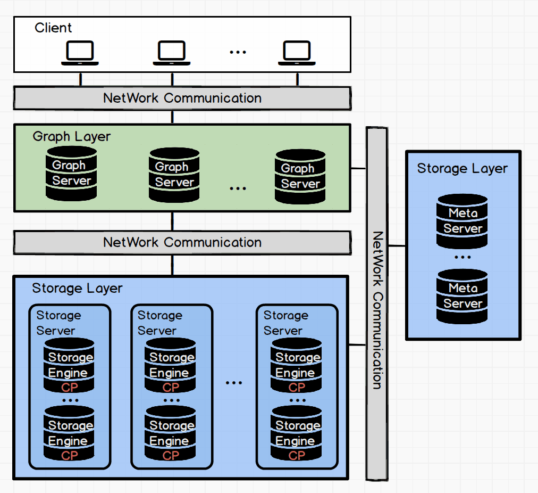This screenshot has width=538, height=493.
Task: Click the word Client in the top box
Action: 53,28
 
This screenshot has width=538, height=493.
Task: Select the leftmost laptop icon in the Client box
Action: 80,53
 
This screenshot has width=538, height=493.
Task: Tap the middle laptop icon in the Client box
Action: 172,53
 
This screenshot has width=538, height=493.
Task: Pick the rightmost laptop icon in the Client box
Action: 297,53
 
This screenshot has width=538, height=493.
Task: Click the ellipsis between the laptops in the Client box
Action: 237,52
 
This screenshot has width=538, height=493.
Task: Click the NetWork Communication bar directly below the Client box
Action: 182,98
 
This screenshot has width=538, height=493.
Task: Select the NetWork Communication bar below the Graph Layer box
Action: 182,242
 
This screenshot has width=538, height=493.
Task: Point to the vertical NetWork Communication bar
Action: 376,303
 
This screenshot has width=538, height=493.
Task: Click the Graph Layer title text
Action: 72,136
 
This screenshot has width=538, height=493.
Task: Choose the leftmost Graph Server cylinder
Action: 71,173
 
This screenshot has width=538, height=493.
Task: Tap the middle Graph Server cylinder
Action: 174,175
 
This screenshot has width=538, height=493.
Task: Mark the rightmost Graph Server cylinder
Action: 300,176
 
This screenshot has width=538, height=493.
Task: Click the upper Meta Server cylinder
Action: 463,221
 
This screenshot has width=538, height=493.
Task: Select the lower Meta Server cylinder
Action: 463,296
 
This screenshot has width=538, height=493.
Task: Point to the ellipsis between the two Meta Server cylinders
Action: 463,257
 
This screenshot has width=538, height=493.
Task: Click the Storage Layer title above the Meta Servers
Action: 462,169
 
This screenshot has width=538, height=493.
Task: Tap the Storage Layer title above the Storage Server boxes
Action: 77,289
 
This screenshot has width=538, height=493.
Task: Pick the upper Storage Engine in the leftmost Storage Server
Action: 69,365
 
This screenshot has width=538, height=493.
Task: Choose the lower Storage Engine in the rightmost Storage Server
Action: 297,433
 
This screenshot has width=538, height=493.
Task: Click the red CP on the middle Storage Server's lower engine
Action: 171,456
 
